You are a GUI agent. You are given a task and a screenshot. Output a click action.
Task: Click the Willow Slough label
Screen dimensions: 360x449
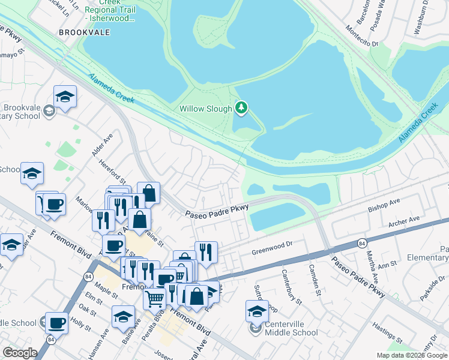click(x=206, y=109)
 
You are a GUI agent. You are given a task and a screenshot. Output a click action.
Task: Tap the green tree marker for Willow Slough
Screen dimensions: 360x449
click(x=241, y=107)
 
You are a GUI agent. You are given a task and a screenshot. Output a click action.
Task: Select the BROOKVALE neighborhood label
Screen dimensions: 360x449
click(x=85, y=32)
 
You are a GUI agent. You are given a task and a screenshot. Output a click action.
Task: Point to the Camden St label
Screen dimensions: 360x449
click(x=313, y=278)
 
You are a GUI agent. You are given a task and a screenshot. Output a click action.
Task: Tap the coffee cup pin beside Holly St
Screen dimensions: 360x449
click(x=56, y=323)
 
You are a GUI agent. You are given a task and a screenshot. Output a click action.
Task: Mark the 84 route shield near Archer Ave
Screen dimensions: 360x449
click(x=361, y=243)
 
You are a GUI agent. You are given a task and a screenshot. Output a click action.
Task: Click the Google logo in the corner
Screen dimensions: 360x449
click(x=20, y=353)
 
